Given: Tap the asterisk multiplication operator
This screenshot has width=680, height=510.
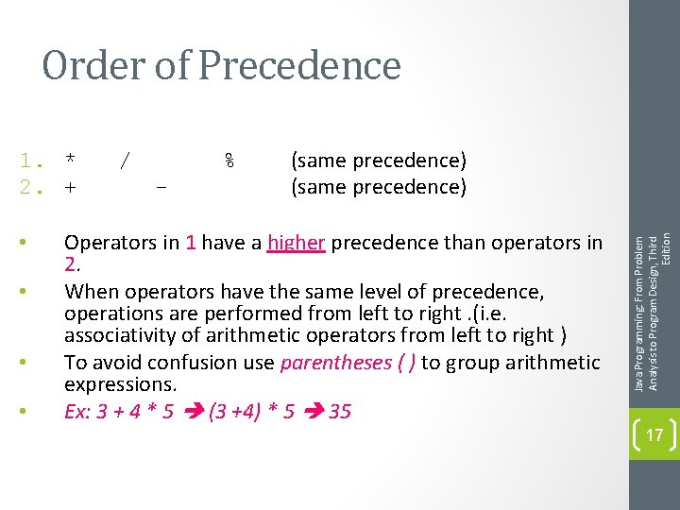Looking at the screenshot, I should point(71,158).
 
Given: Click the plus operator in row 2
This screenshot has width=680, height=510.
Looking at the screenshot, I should point(70,187).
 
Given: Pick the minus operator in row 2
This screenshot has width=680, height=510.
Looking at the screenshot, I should point(161,187).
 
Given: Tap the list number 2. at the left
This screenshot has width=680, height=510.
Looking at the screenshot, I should point(34,187).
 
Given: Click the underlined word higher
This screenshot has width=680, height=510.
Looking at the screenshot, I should point(296,243).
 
